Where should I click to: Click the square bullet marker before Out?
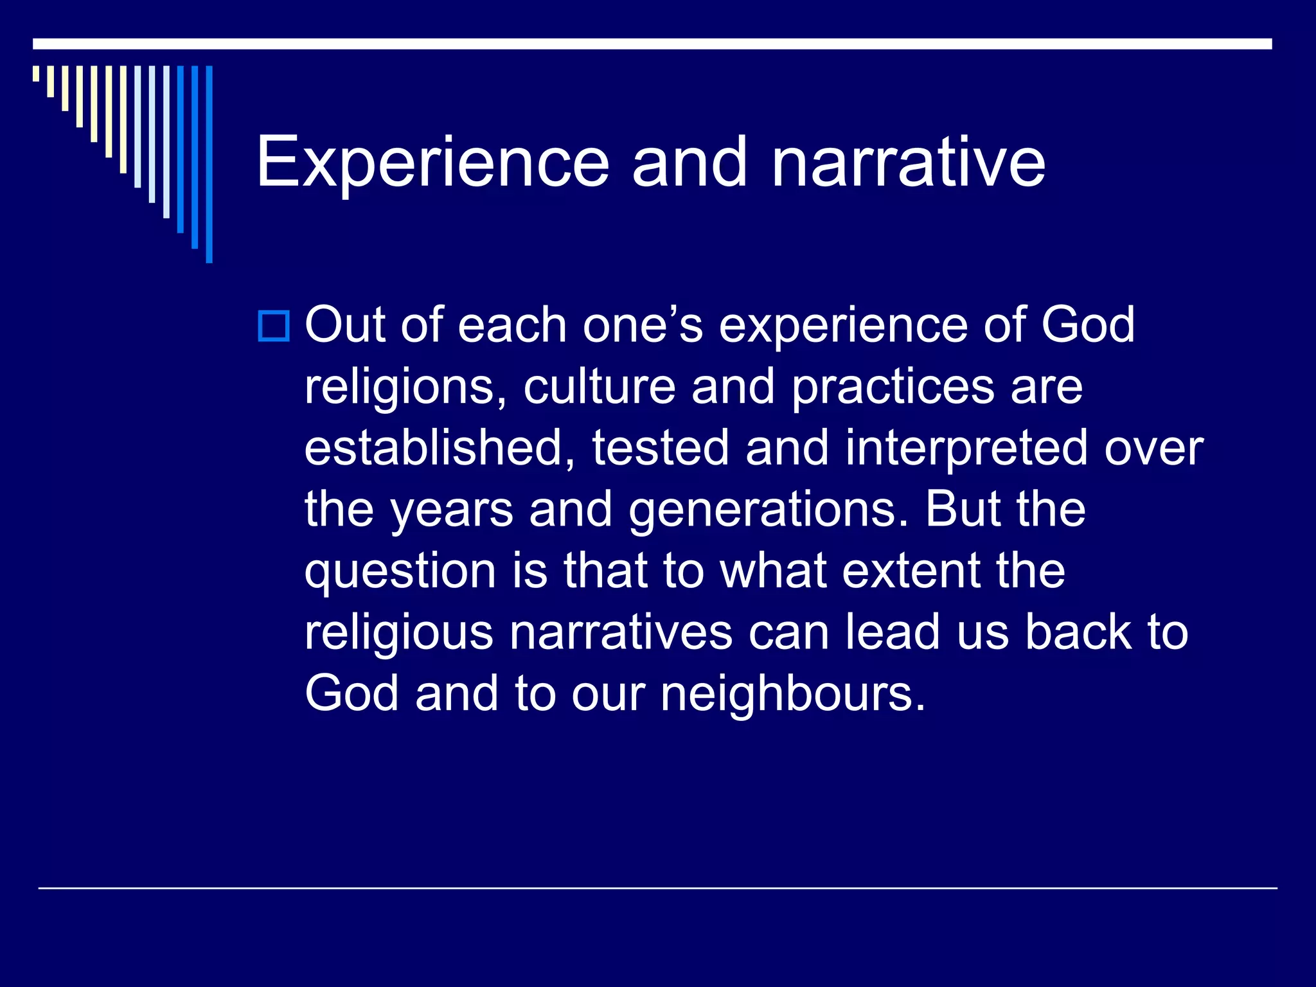(274, 326)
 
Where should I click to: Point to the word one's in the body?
(643, 325)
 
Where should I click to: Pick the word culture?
(599, 386)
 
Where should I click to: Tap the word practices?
(893, 387)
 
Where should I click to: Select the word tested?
(660, 448)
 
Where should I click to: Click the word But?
(962, 508)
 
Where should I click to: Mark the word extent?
(911, 571)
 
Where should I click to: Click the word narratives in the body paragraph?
(621, 632)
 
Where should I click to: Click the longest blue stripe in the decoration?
(209, 164)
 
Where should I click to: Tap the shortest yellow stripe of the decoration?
(36, 73)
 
